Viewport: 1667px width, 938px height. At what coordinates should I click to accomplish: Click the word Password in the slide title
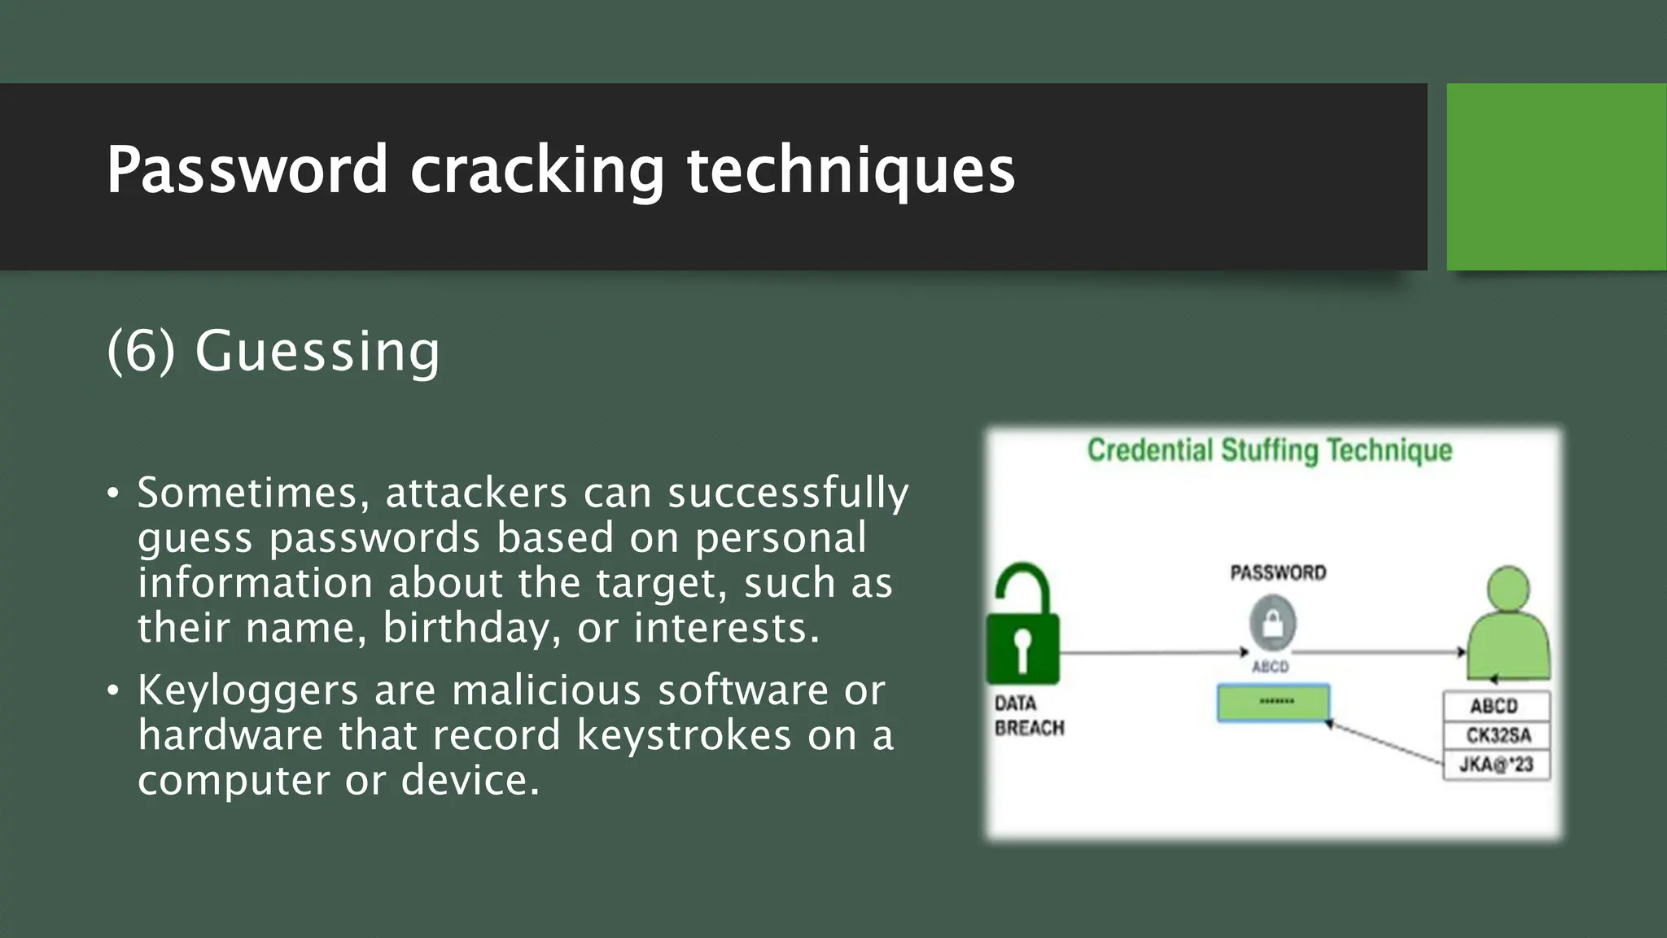pyautogui.click(x=247, y=170)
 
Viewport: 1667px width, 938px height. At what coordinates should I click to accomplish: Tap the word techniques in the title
pyautogui.click(x=851, y=170)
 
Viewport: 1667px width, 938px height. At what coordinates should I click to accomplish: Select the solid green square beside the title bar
pyautogui.click(x=1556, y=177)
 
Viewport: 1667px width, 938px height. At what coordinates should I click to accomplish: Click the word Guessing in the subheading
pyautogui.click(x=317, y=352)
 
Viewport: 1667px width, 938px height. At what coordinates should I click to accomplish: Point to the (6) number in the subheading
pyautogui.click(x=141, y=352)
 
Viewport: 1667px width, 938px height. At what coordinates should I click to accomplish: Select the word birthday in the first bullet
pyautogui.click(x=472, y=628)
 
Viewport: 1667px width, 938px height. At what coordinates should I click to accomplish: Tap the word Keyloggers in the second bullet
pyautogui.click(x=248, y=690)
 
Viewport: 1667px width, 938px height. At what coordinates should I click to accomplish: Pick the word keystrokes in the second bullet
pyautogui.click(x=684, y=735)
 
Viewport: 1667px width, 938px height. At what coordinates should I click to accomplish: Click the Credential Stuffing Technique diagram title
pyautogui.click(x=1270, y=450)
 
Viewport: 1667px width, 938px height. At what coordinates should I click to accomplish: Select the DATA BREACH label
pyautogui.click(x=1029, y=715)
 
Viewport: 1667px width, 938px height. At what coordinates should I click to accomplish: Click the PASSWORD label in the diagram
pyautogui.click(x=1278, y=573)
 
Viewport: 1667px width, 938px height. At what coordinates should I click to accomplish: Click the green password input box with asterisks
pyautogui.click(x=1274, y=703)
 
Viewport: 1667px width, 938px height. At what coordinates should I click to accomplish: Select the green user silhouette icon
pyautogui.click(x=1508, y=625)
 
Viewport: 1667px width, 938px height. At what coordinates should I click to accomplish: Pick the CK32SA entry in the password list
pyautogui.click(x=1498, y=735)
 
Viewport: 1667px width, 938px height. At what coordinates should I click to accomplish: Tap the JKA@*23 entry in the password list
pyautogui.click(x=1496, y=765)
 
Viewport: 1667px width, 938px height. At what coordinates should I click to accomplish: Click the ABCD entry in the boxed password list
pyautogui.click(x=1494, y=706)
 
